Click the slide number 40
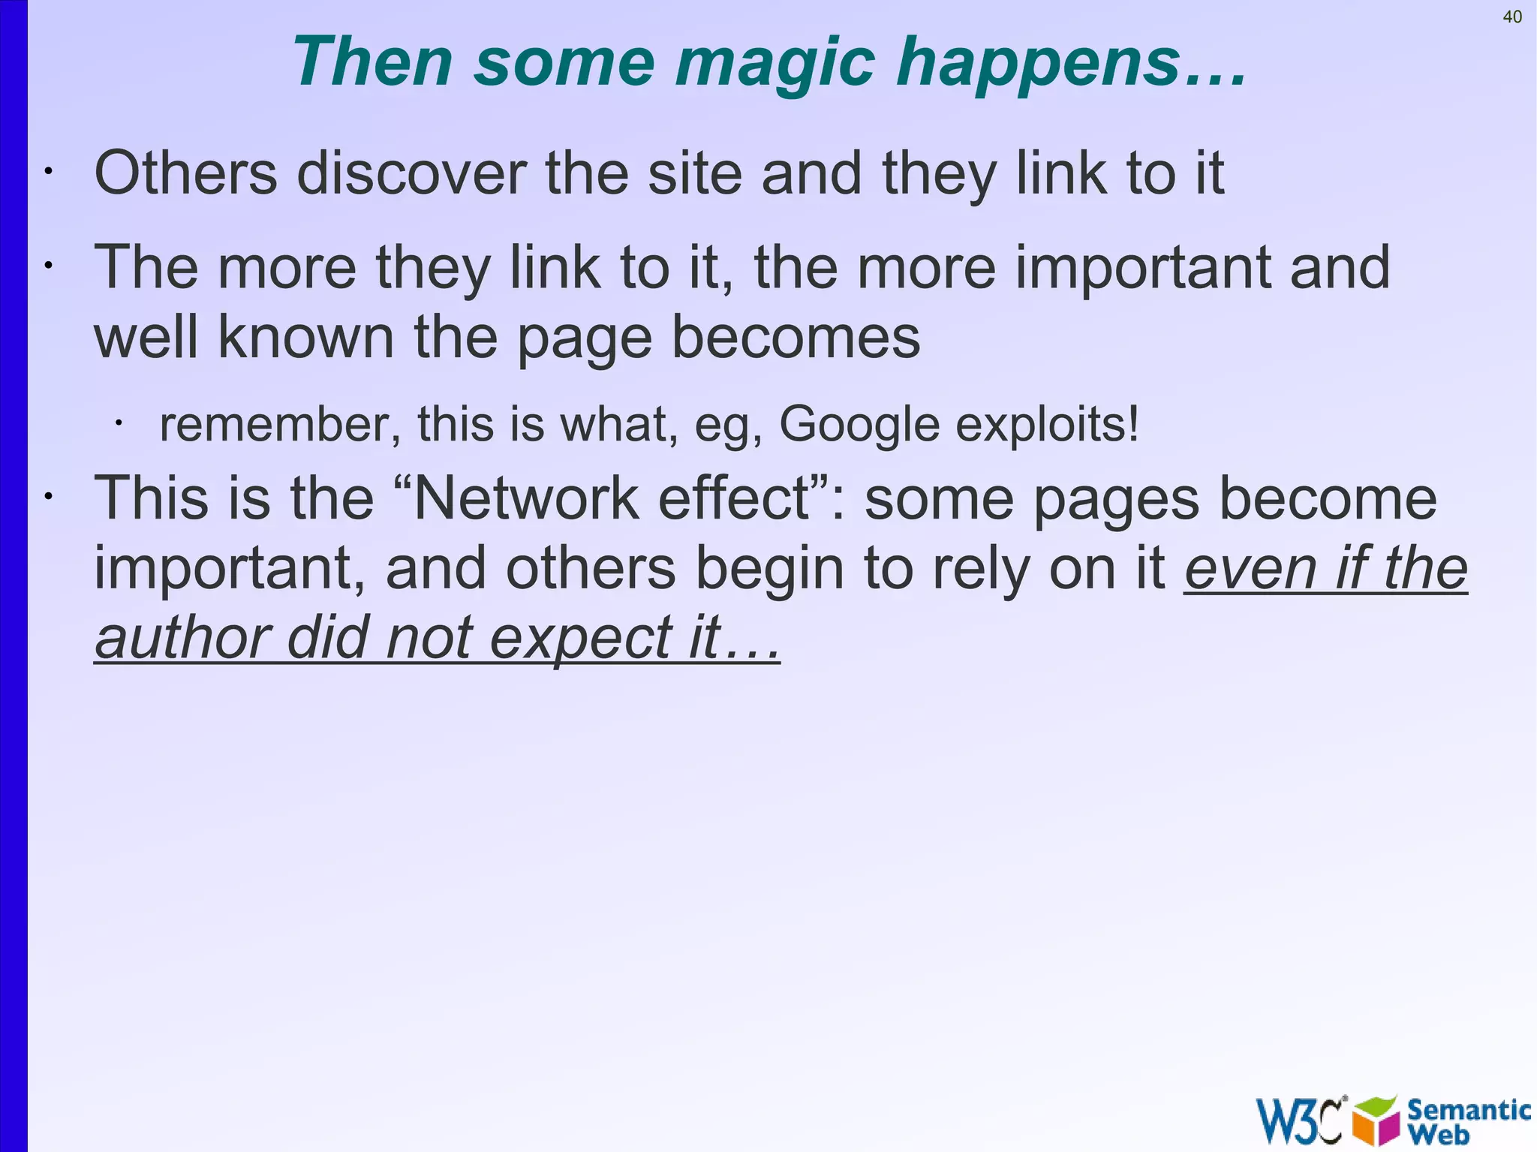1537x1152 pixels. point(1512,17)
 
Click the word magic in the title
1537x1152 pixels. point(775,64)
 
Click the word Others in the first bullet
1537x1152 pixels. point(185,173)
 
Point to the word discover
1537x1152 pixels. point(411,173)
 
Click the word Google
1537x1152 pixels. point(859,426)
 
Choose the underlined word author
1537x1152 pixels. point(182,639)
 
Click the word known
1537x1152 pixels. point(305,338)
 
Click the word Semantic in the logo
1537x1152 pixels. point(1469,1109)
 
